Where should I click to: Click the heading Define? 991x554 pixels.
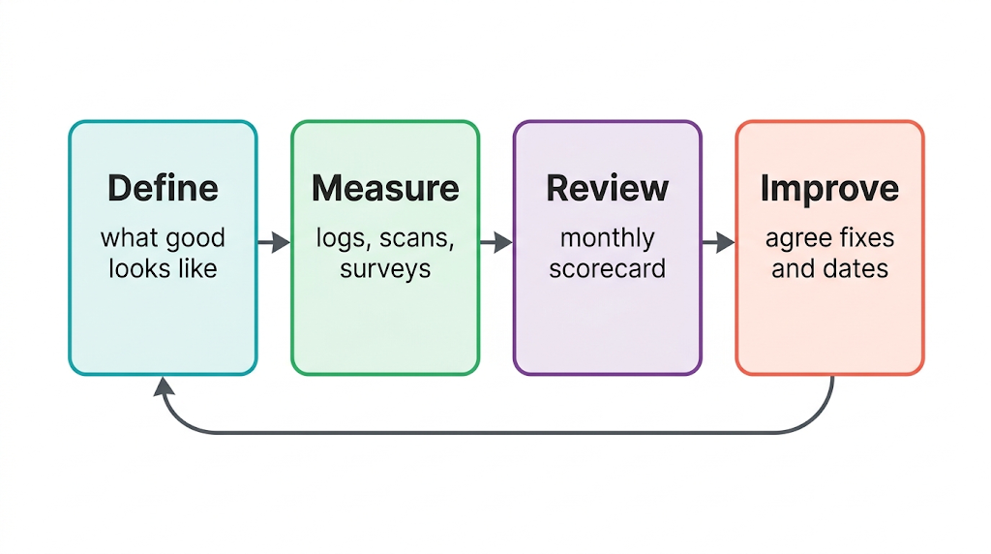pyautogui.click(x=163, y=188)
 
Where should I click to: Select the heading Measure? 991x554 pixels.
pyautogui.click(x=385, y=188)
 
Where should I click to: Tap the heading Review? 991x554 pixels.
pyautogui.click(x=608, y=188)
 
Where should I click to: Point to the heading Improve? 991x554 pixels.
pyautogui.click(x=829, y=189)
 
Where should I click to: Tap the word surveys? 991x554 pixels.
pyautogui.click(x=385, y=270)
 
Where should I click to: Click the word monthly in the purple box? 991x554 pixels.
pyautogui.click(x=608, y=239)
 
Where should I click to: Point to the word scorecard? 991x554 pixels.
pyautogui.click(x=608, y=269)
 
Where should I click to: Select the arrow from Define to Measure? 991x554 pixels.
pyautogui.click(x=274, y=242)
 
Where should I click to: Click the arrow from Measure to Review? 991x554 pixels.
pyautogui.click(x=496, y=242)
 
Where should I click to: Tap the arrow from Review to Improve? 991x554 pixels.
pyautogui.click(x=719, y=242)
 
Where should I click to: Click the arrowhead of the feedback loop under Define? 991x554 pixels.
pyautogui.click(x=164, y=386)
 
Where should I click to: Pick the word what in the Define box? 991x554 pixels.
pyautogui.click(x=129, y=238)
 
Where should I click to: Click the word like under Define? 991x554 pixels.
pyautogui.click(x=197, y=268)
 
